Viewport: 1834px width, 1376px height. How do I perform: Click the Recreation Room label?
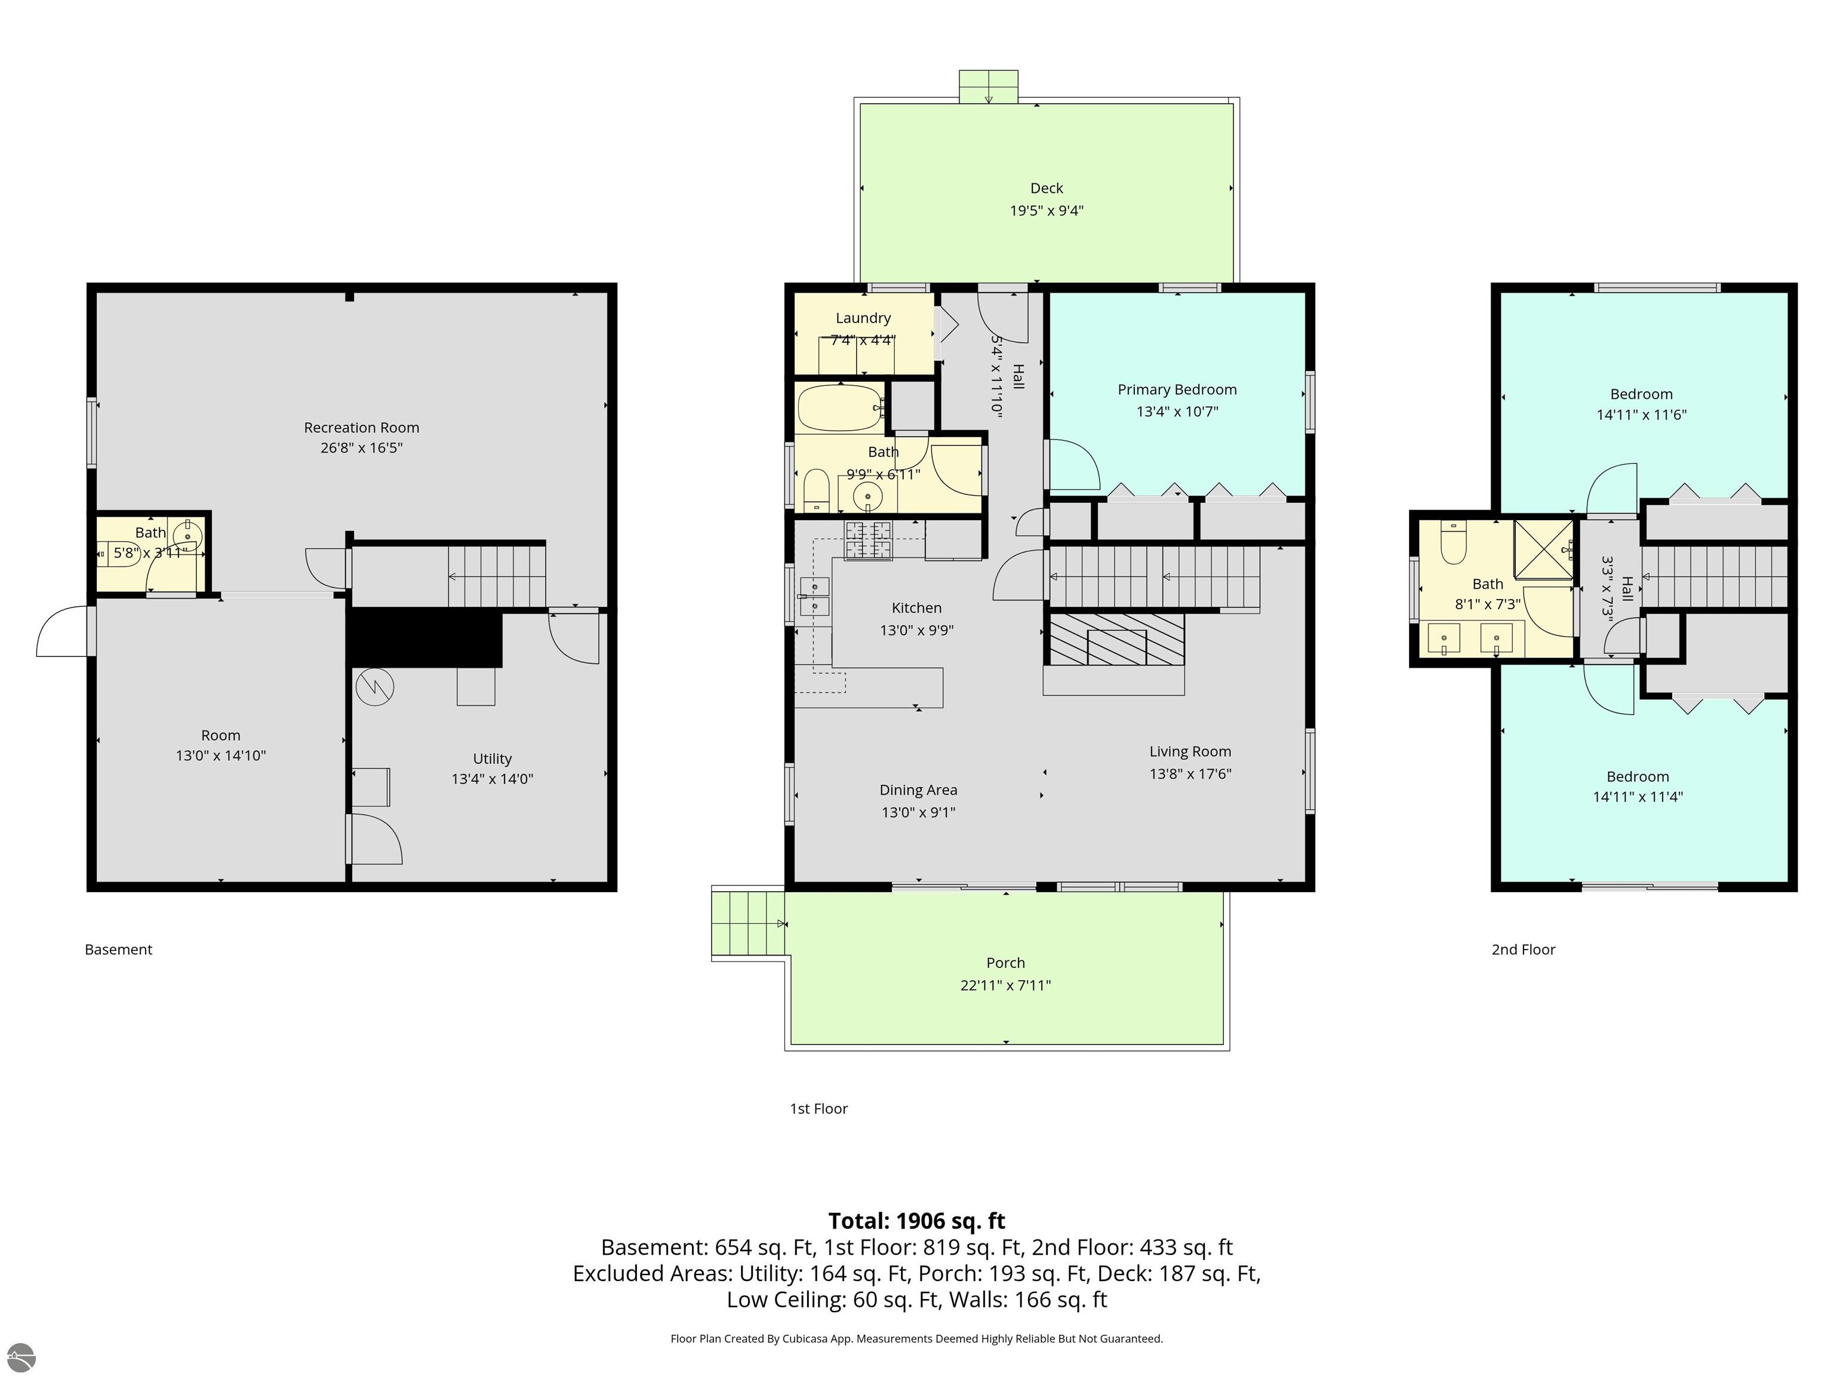point(362,427)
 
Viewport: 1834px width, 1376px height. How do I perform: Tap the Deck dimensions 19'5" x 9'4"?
point(1047,211)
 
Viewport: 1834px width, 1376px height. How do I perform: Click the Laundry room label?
point(863,318)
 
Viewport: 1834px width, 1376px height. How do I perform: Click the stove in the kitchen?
point(867,540)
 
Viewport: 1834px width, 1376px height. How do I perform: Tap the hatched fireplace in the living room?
point(1115,638)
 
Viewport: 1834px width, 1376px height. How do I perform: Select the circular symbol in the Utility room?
point(375,687)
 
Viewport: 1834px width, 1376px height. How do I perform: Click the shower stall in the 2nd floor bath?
point(1544,549)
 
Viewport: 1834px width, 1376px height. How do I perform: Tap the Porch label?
point(1006,963)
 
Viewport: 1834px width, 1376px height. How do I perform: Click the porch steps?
point(748,923)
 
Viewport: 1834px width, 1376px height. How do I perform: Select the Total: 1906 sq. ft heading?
point(917,1221)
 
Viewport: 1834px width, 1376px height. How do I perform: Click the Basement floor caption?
point(119,950)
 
